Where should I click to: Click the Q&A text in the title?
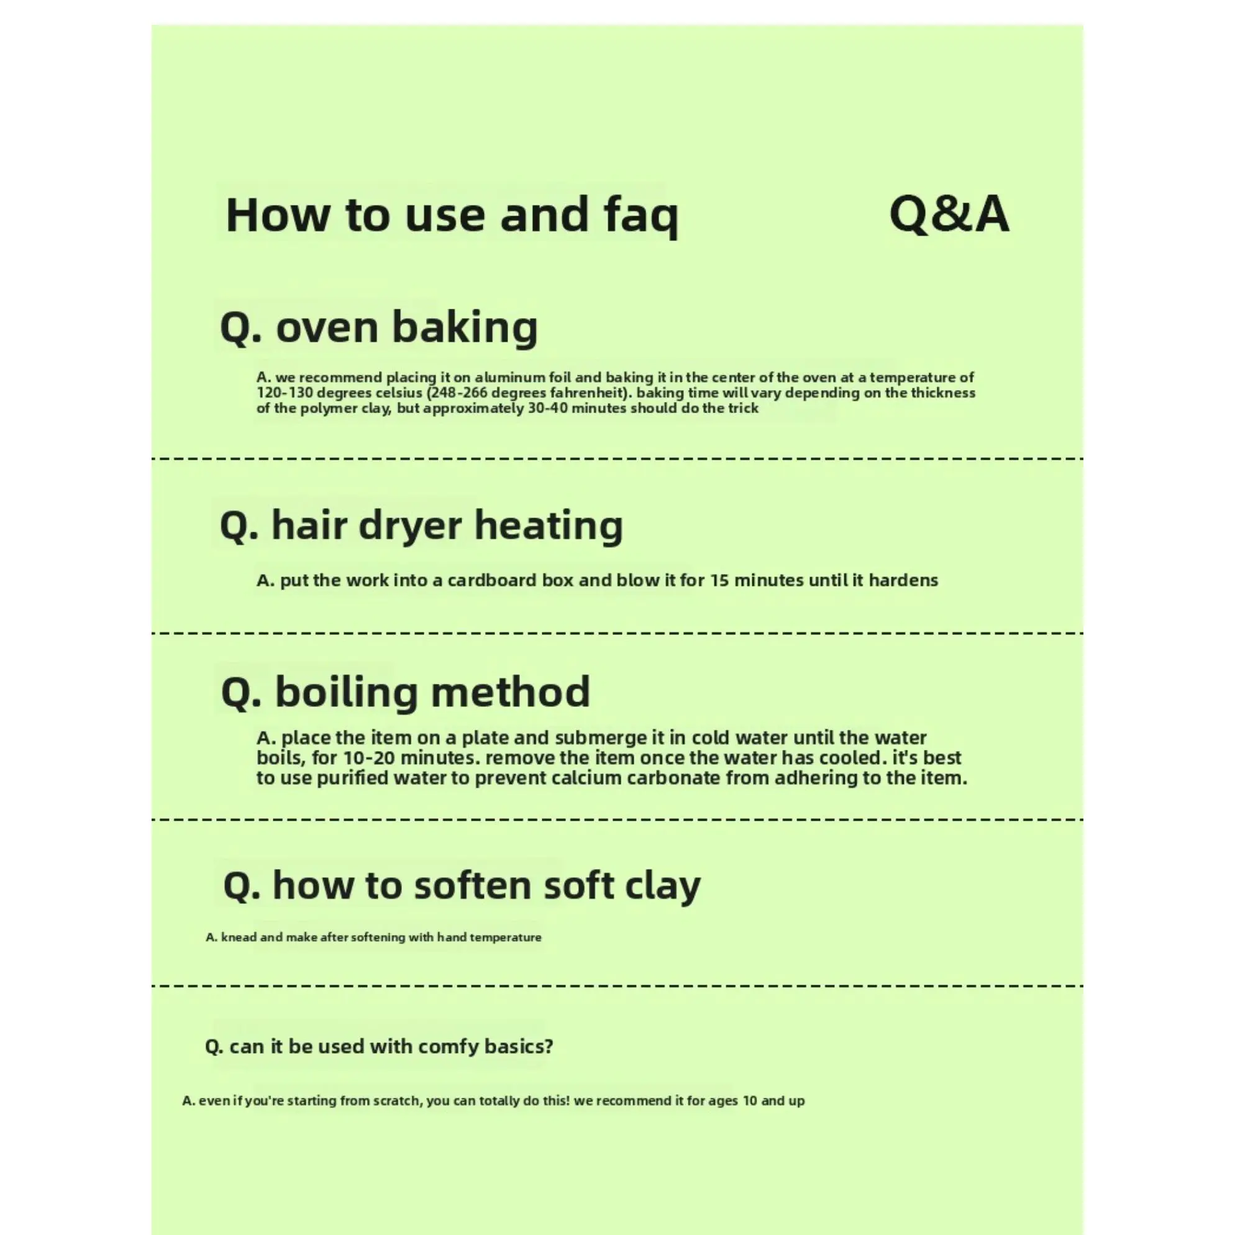[x=949, y=215]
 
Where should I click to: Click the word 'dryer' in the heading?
[x=410, y=526]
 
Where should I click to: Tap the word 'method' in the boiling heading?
[x=510, y=691]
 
